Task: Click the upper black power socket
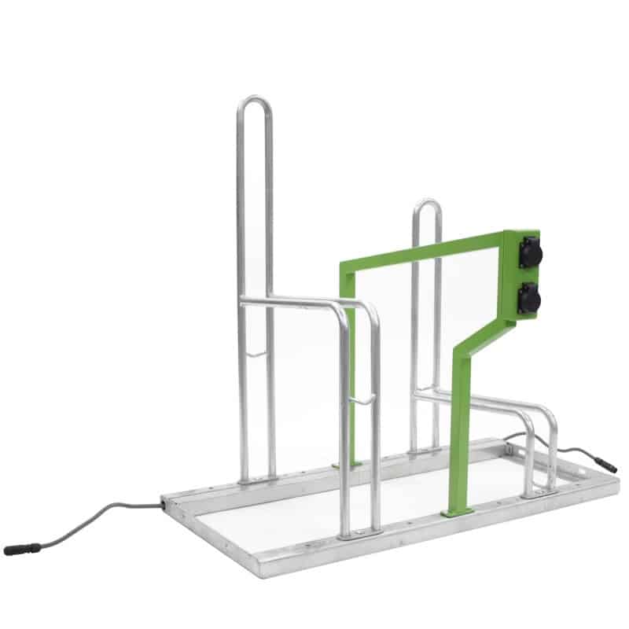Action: click(x=528, y=255)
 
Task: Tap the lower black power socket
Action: click(x=528, y=296)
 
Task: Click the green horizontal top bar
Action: click(x=425, y=250)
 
